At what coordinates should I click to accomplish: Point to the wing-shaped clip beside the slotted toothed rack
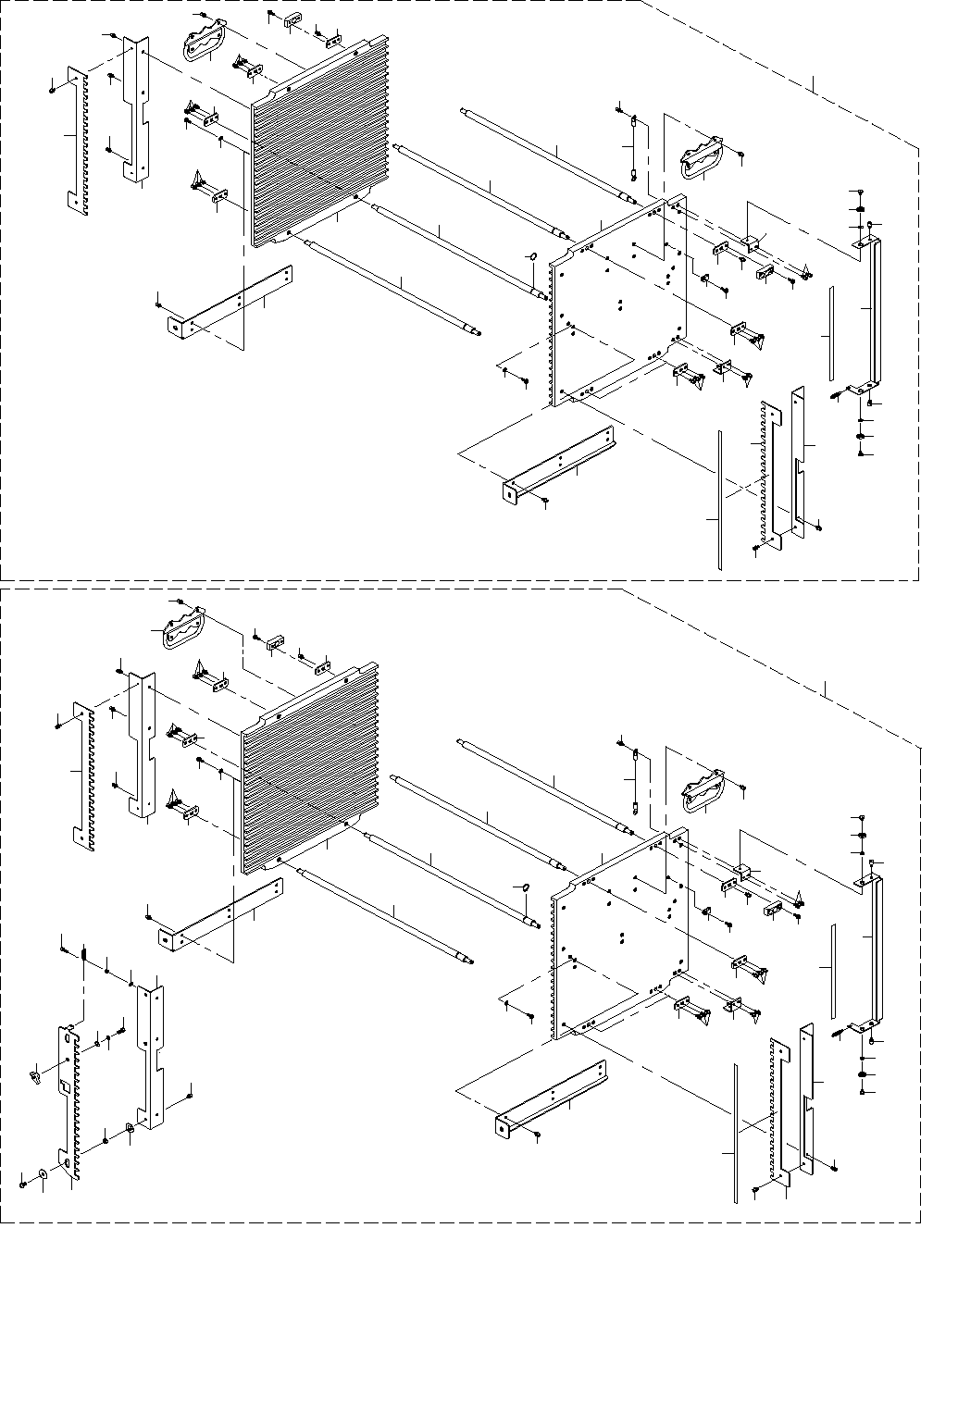pos(33,1075)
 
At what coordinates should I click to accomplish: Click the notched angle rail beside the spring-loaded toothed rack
pos(152,1050)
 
